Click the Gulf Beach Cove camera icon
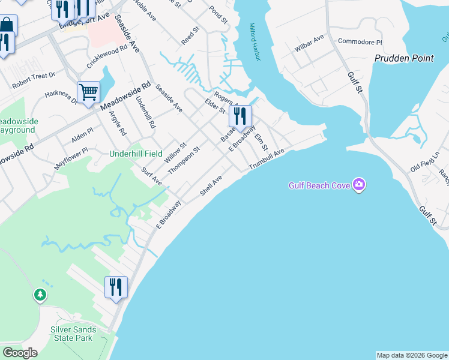tap(359, 185)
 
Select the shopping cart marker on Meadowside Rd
tap(88, 93)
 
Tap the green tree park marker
tap(40, 295)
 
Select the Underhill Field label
tap(136, 154)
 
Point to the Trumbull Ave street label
tap(266, 159)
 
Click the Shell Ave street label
tap(211, 185)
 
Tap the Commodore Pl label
tap(360, 42)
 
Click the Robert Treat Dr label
tap(34, 80)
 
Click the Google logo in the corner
tap(19, 352)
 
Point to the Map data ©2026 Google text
tap(412, 355)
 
